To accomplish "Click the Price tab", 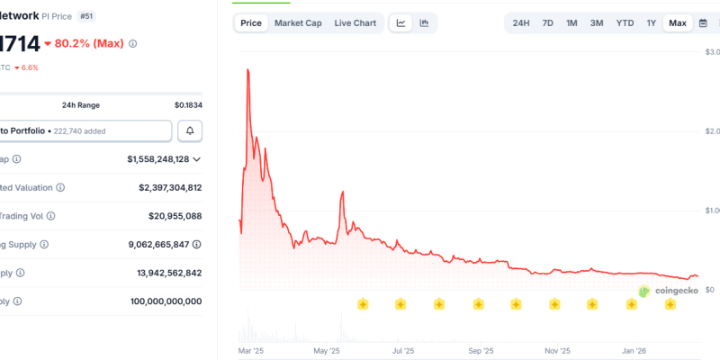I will (x=252, y=22).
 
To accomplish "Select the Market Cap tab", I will (x=298, y=22).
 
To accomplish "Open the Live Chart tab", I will (x=355, y=22).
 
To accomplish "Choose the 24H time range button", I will (x=521, y=22).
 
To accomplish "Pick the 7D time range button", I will (x=548, y=22).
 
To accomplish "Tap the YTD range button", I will (x=625, y=22).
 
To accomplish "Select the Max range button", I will (x=678, y=22).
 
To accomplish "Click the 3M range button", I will (x=597, y=22).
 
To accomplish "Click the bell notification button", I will (x=190, y=130).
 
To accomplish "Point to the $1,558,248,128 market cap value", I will (x=158, y=159).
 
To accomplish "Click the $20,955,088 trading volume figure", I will (x=175, y=216).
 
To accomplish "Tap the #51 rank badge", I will (x=87, y=16).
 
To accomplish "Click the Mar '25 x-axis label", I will (x=248, y=350).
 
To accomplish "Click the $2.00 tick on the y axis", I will (x=711, y=131).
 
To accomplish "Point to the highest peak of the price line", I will (x=247, y=69).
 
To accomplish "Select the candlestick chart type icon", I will (x=424, y=22).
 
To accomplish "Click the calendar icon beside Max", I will (x=703, y=22).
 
